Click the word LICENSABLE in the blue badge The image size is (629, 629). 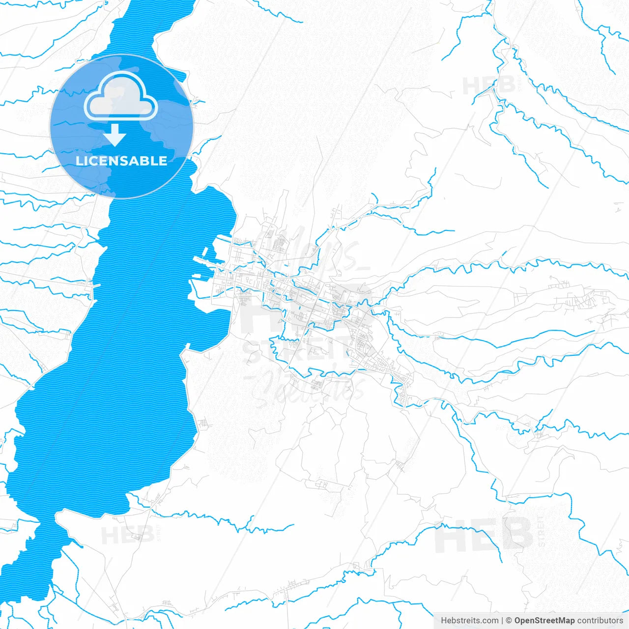(121, 161)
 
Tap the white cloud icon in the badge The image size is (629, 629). (121, 96)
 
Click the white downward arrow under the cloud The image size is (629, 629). (115, 135)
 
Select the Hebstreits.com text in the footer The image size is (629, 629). (469, 621)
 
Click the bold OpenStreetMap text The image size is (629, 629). (544, 621)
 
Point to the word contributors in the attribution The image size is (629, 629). (600, 621)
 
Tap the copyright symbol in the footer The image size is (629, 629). (509, 621)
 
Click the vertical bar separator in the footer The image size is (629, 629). (502, 621)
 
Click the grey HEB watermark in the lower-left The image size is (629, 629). (127, 535)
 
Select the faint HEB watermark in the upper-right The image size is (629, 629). (489, 86)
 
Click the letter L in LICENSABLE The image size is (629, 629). (79, 161)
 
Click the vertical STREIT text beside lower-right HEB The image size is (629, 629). (541, 531)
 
